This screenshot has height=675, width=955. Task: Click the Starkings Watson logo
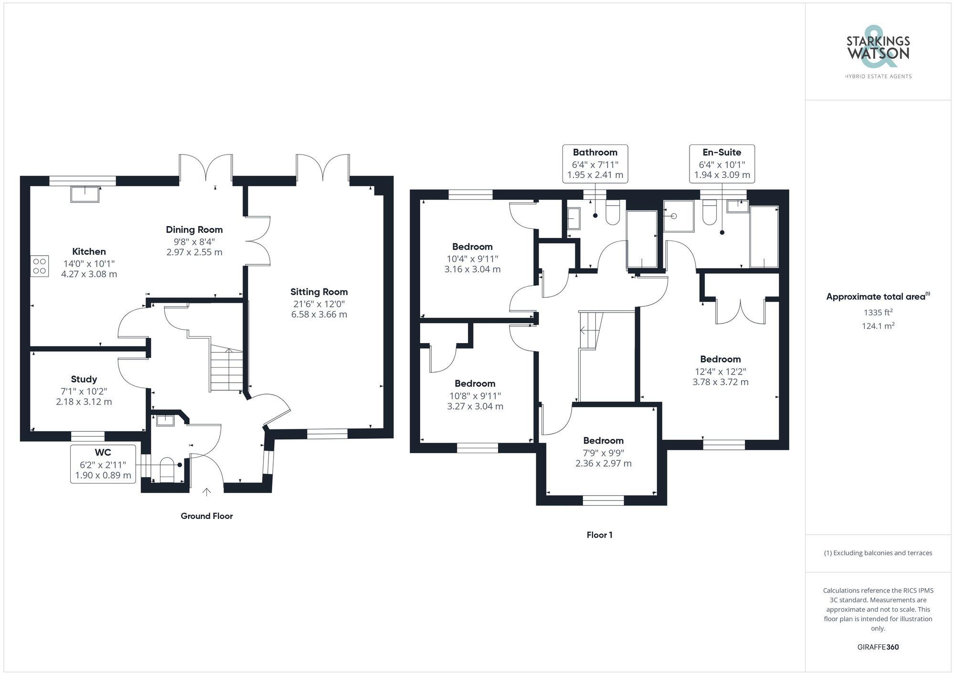878,52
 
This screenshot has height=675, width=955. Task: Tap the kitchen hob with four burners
40,266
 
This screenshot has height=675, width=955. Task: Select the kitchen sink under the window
85,194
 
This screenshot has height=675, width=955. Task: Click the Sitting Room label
319,292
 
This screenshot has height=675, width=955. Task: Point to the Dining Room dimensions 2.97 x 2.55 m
194,252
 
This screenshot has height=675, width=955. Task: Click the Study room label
84,379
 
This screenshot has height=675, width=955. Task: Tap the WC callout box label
103,452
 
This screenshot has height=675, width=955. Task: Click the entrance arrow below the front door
207,492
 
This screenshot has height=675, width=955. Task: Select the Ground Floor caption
207,516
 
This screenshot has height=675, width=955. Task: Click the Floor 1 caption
599,535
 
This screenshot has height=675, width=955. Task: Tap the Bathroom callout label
595,152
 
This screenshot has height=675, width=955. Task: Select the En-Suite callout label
722,152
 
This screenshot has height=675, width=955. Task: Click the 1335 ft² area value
878,312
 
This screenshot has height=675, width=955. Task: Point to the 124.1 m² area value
878,326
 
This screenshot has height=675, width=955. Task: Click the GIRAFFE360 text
878,647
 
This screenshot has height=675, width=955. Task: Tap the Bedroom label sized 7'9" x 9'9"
603,440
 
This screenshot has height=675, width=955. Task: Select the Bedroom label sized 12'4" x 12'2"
720,359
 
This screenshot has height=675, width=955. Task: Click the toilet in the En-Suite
710,213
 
